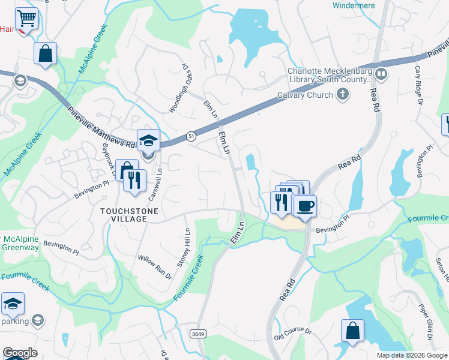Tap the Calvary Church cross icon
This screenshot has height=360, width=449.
pyautogui.click(x=342, y=94)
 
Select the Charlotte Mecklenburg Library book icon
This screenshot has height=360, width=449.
pyautogui.click(x=381, y=75)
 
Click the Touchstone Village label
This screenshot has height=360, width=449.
pyautogui.click(x=124, y=215)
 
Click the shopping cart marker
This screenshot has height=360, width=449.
pyautogui.click(x=26, y=19)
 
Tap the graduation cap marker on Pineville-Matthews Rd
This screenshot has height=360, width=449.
pyautogui.click(x=148, y=140)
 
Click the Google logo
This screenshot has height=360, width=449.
pyautogui.click(x=20, y=353)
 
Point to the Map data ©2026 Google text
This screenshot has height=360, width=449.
pyautogui.click(x=412, y=355)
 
